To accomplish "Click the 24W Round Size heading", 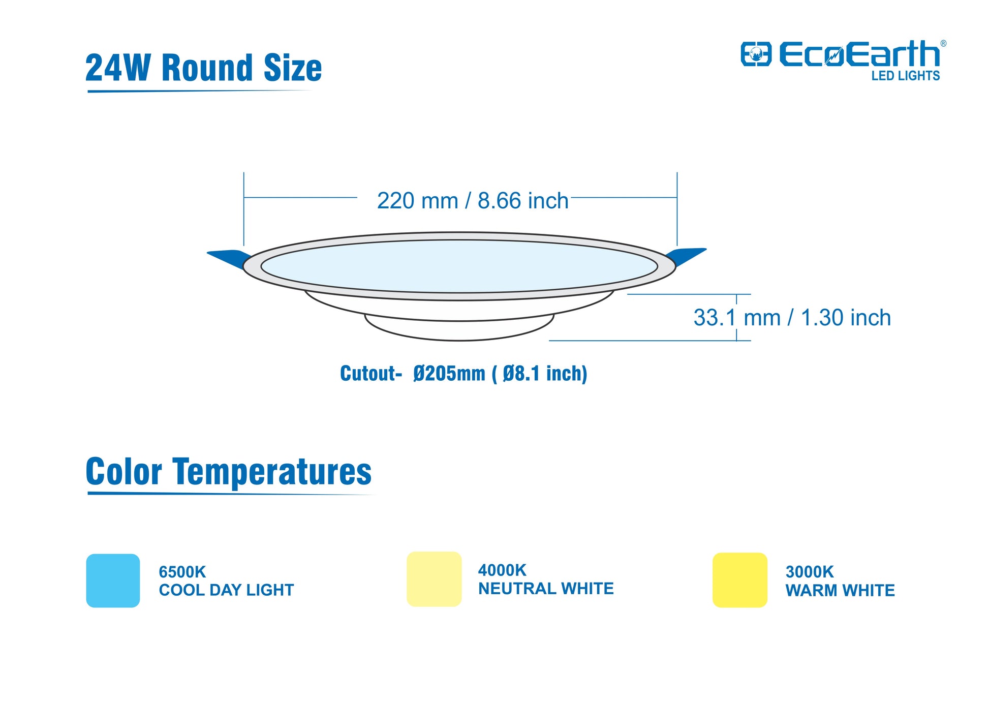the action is tap(203, 68).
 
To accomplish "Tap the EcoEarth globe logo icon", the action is tap(756, 54).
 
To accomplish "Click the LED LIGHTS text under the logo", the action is tap(905, 76).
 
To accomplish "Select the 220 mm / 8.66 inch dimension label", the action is tap(472, 200).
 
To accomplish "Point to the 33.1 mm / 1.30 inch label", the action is tap(792, 318).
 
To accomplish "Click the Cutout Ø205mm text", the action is tap(463, 374).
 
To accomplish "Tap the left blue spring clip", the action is tap(229, 258).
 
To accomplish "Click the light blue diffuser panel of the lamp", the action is tap(459, 266).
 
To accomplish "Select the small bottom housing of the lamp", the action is tap(459, 328).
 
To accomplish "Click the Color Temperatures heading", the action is tap(229, 471).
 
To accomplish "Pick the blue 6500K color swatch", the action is tap(113, 581).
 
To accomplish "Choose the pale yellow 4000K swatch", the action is tap(434, 579).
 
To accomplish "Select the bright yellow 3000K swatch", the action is tap(739, 580).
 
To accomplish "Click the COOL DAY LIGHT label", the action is tap(226, 590).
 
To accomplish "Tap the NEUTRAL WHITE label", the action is tap(546, 588).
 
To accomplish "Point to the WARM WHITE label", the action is tap(840, 590).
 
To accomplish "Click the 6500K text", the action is tap(182, 572).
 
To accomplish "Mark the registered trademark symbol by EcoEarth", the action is tap(943, 44).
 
